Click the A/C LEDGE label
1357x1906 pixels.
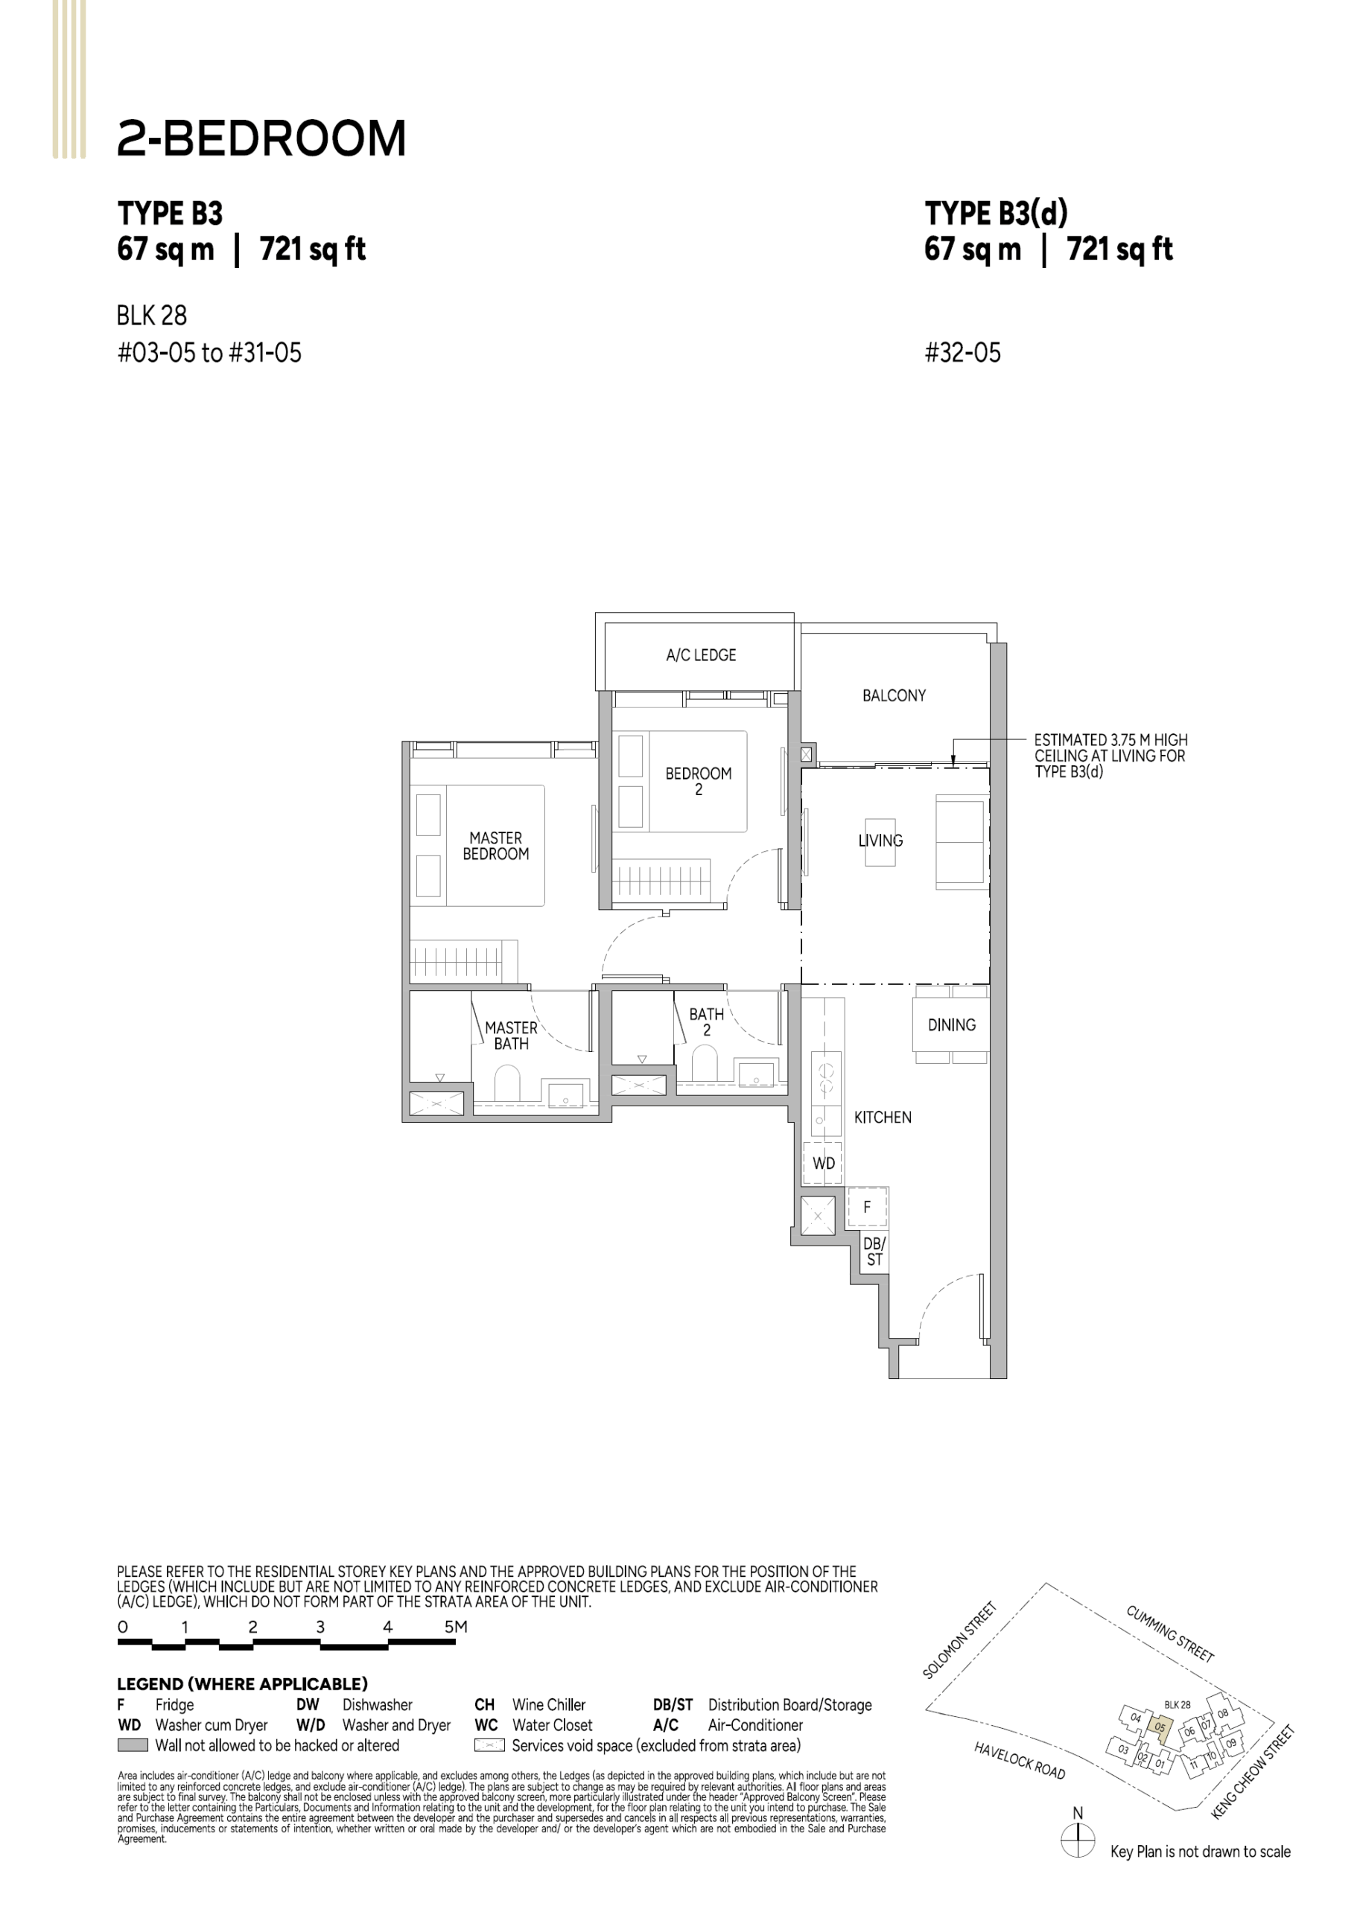(701, 656)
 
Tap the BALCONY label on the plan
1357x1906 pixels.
(894, 695)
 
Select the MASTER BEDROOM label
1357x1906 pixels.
(495, 846)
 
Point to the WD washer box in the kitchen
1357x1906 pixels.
(824, 1163)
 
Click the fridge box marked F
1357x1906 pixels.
(868, 1207)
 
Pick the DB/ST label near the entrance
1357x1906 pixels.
(874, 1251)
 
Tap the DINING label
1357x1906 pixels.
(952, 1024)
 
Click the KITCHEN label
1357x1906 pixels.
(883, 1118)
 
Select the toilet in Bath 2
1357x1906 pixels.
(705, 1065)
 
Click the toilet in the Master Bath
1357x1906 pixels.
(507, 1086)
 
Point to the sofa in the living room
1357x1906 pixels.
(961, 843)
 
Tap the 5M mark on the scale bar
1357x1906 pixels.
(455, 1626)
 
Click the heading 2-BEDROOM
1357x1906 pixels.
(261, 138)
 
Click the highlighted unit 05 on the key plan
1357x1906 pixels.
(1160, 1727)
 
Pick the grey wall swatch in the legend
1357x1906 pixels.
(133, 1746)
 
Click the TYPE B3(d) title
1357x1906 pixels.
(996, 214)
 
